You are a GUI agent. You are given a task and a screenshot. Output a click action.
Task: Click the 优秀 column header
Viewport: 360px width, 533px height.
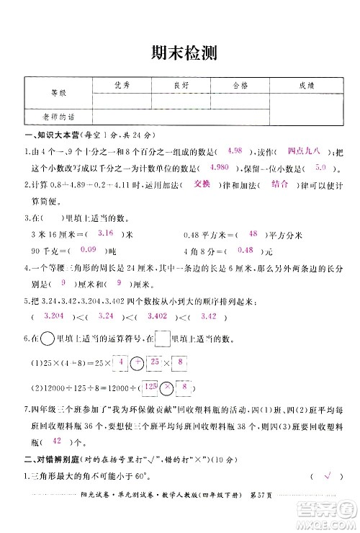pos(121,85)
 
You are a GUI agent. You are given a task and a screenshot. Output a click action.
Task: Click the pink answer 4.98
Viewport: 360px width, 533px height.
pos(234,151)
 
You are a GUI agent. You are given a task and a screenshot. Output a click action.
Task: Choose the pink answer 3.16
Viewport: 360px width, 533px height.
pos(105,233)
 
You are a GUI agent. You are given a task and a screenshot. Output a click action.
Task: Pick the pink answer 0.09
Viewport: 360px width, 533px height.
pos(89,249)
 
